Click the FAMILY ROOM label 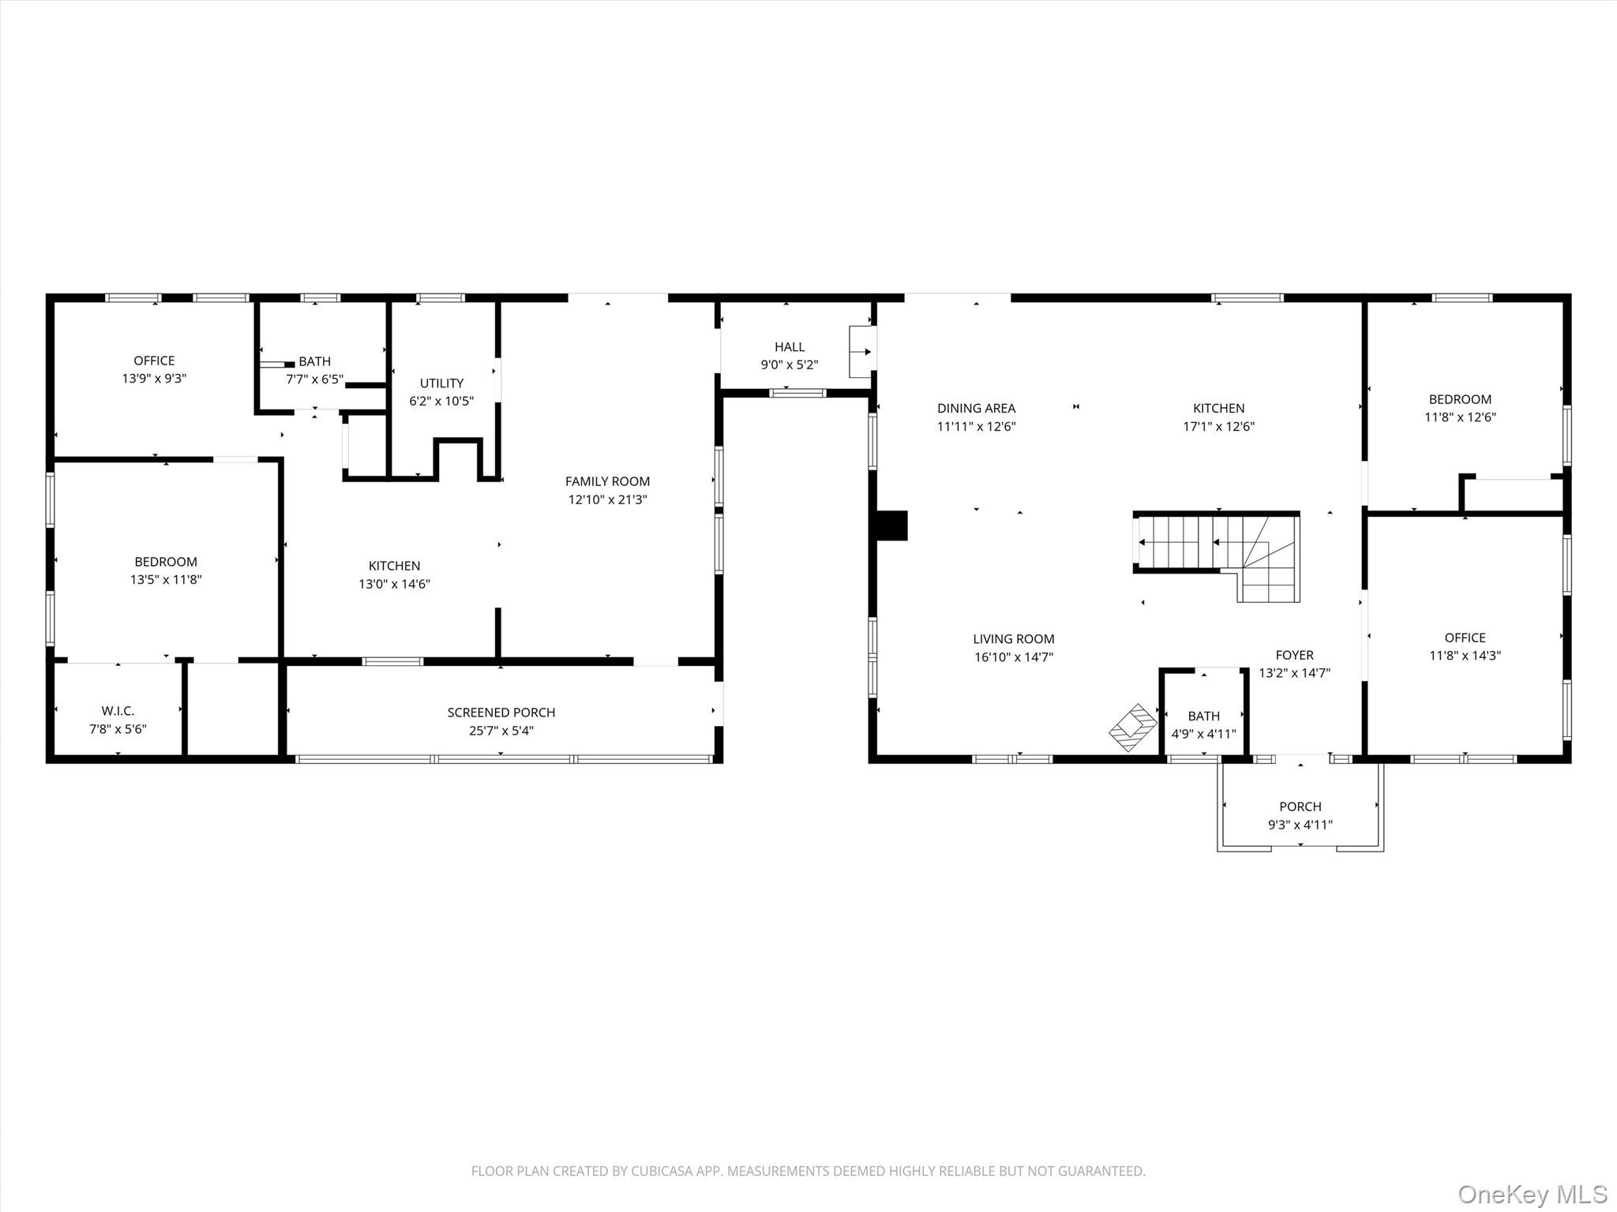(x=607, y=481)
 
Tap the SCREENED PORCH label (x=501, y=713)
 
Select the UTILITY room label (x=441, y=383)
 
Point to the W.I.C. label (x=118, y=711)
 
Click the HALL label (x=790, y=347)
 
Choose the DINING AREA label (x=976, y=409)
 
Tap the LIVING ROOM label (x=1014, y=639)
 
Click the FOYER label (x=1295, y=655)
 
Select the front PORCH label (x=1300, y=806)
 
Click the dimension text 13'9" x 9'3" (x=154, y=379)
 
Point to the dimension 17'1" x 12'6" (x=1219, y=427)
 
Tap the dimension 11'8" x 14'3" (x=1465, y=656)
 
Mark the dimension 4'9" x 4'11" (x=1204, y=734)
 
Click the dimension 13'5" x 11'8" (x=166, y=580)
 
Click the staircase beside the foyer (x=1217, y=556)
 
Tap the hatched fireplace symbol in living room (x=1133, y=728)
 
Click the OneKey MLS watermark (x=1533, y=1194)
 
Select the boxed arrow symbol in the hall (x=862, y=352)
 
